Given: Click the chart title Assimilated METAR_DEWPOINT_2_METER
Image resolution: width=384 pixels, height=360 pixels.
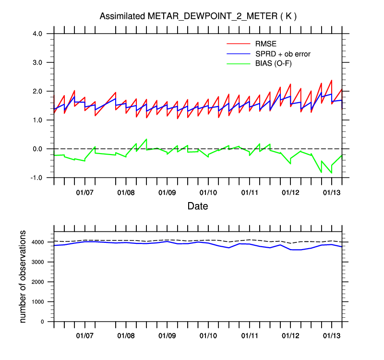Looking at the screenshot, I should pos(198,16).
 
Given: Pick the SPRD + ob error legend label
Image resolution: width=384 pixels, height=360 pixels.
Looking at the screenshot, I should pos(283,54).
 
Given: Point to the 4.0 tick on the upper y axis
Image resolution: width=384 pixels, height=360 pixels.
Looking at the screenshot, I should pos(38,34).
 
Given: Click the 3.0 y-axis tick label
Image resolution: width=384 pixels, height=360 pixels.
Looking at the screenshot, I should pos(38,62).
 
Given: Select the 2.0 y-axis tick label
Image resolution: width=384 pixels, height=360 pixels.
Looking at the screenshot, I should pos(38,91).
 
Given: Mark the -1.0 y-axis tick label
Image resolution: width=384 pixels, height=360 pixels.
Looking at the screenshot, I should pos(37,178).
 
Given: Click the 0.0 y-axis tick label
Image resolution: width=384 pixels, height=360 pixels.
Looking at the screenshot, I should pos(38,149).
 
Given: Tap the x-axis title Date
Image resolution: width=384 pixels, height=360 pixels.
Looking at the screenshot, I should pos(198,206).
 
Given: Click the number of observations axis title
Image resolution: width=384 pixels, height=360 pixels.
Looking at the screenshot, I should pos(23,276).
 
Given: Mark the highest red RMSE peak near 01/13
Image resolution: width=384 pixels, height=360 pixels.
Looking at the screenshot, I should pos(331,80).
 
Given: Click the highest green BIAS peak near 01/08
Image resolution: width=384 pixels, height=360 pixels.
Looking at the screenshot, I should pos(146,139).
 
